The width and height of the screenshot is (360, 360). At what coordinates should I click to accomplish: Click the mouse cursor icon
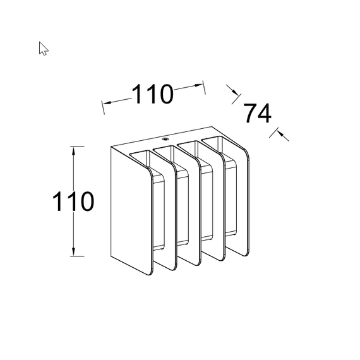(43, 49)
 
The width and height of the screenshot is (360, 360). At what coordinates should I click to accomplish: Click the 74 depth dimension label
(258, 113)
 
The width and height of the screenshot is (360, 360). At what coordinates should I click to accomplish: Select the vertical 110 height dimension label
(73, 201)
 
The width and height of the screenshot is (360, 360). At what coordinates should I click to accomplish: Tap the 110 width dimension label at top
(152, 94)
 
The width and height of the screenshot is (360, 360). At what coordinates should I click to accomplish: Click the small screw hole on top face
(165, 139)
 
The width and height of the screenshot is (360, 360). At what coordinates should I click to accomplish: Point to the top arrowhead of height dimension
(73, 150)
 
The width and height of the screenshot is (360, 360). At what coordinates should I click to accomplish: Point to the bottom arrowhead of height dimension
(73, 252)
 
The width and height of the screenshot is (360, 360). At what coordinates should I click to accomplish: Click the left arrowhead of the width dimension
(107, 102)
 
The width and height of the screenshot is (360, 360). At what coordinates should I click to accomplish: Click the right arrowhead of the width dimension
(199, 85)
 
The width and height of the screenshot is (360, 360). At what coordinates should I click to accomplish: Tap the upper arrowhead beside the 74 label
(236, 92)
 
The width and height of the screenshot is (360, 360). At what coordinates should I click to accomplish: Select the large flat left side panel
(131, 210)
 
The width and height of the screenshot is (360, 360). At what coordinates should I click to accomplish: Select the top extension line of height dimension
(77, 147)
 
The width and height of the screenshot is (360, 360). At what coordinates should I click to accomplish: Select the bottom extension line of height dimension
(77, 256)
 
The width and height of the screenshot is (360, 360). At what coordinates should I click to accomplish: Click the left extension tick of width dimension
(103, 107)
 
